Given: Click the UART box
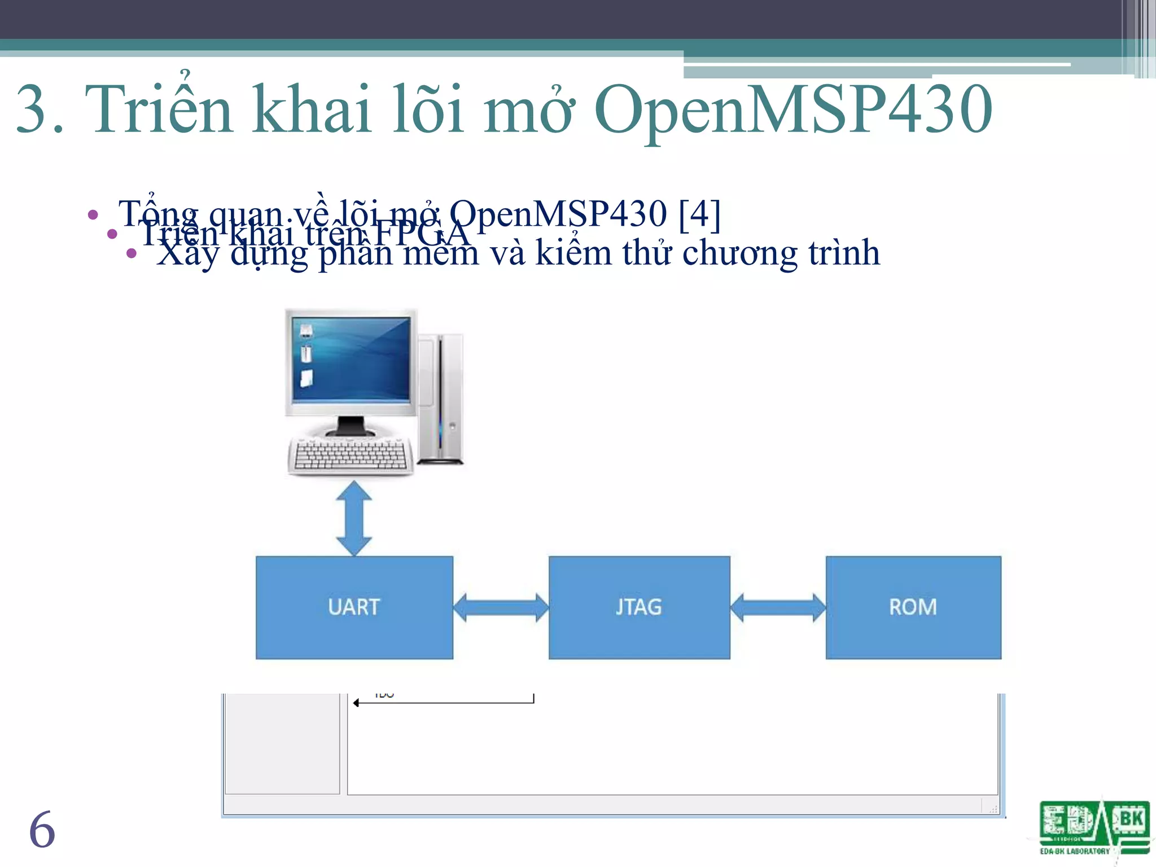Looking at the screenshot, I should coord(354,607).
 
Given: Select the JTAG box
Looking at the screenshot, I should coord(639,607).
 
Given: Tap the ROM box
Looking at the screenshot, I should coord(913,607).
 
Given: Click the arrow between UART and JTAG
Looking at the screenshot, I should coord(501,607).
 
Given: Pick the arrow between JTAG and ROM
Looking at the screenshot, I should coord(778,607).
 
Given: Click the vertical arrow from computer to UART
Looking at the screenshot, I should coord(354,518).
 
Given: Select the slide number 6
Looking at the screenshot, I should coord(42,830).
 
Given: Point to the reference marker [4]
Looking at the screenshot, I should coord(700,214).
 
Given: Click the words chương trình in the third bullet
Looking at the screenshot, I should coord(781,253).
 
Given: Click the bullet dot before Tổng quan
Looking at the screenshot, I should coord(93,215).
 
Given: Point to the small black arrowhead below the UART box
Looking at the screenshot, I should coord(356,703).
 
